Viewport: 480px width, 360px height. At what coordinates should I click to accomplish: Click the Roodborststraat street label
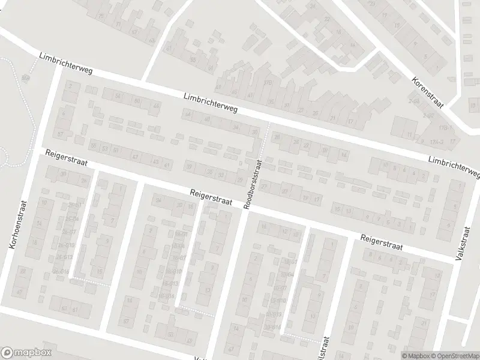click(x=253, y=184)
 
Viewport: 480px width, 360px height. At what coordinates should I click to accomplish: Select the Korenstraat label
click(x=427, y=92)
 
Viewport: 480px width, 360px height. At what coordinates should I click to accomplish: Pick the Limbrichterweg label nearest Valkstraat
click(x=454, y=166)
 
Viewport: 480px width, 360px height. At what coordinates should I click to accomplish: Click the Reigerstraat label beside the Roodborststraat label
click(x=211, y=197)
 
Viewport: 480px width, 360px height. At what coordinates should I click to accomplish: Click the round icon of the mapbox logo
click(x=7, y=353)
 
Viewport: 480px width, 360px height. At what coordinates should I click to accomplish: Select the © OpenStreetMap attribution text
click(x=454, y=355)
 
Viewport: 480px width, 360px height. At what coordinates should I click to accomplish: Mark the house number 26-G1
click(x=74, y=205)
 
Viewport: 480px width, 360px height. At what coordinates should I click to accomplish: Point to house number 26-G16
click(x=61, y=271)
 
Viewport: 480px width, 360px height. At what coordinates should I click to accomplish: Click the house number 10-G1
click(x=291, y=262)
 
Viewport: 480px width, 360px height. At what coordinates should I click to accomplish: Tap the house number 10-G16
click(x=273, y=327)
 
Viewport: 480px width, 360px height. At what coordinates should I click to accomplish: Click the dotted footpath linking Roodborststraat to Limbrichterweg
click(x=265, y=141)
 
